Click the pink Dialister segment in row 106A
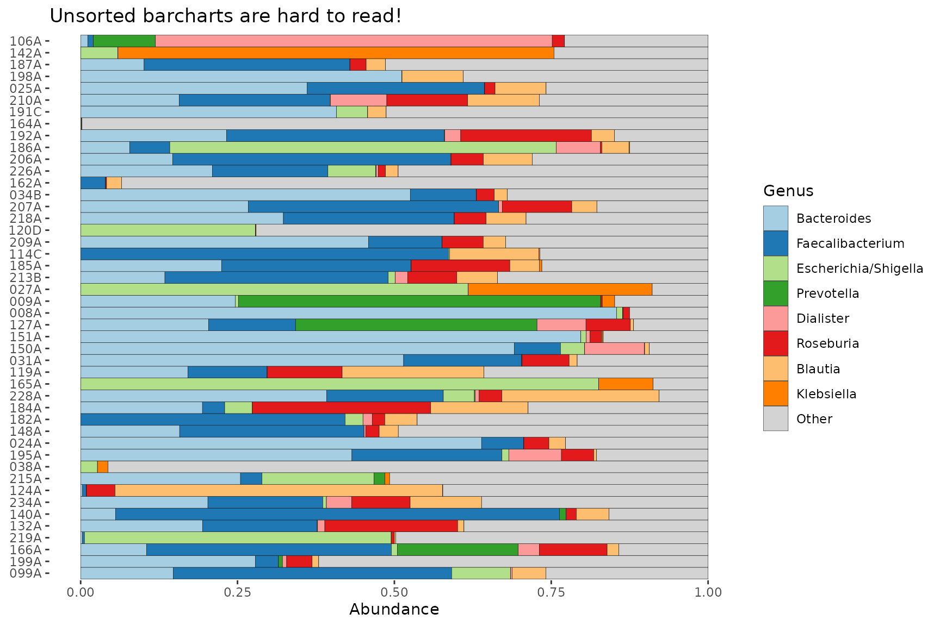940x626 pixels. click(354, 41)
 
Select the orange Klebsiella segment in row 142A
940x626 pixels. click(336, 53)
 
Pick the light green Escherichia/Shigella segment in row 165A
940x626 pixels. click(339, 384)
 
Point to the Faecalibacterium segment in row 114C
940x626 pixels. click(264, 254)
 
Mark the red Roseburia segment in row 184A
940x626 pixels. click(341, 408)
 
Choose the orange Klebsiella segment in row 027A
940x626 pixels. click(560, 289)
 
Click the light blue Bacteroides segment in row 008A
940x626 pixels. click(348, 312)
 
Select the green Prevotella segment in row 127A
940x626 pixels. click(416, 324)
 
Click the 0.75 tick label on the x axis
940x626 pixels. click(551, 592)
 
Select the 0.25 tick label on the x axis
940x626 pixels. click(237, 592)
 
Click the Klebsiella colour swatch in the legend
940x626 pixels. click(775, 393)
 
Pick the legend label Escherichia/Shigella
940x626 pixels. click(859, 268)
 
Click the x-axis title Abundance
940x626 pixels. click(394, 610)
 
